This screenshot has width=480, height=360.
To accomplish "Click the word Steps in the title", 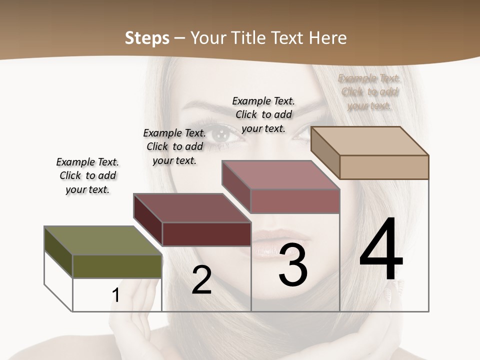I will (x=147, y=38).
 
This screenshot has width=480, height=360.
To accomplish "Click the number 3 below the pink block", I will (x=293, y=265).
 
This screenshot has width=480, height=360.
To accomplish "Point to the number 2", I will (x=201, y=280).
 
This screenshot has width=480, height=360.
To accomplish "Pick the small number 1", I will (x=116, y=295).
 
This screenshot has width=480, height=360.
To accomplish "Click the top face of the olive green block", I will (x=103, y=240).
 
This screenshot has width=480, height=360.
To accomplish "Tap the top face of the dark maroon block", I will (x=192, y=207).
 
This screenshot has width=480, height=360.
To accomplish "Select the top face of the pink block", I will (x=280, y=175).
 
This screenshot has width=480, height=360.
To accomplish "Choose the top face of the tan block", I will (x=369, y=140).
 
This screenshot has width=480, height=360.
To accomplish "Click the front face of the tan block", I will (x=384, y=167).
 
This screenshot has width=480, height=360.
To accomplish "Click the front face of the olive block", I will (x=117, y=266).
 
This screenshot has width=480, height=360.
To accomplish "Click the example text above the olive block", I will (x=87, y=175).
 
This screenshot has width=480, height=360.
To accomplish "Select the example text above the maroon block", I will (x=174, y=146).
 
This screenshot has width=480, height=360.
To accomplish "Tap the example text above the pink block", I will (x=263, y=114).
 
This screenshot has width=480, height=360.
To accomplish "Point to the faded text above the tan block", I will (x=369, y=92).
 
